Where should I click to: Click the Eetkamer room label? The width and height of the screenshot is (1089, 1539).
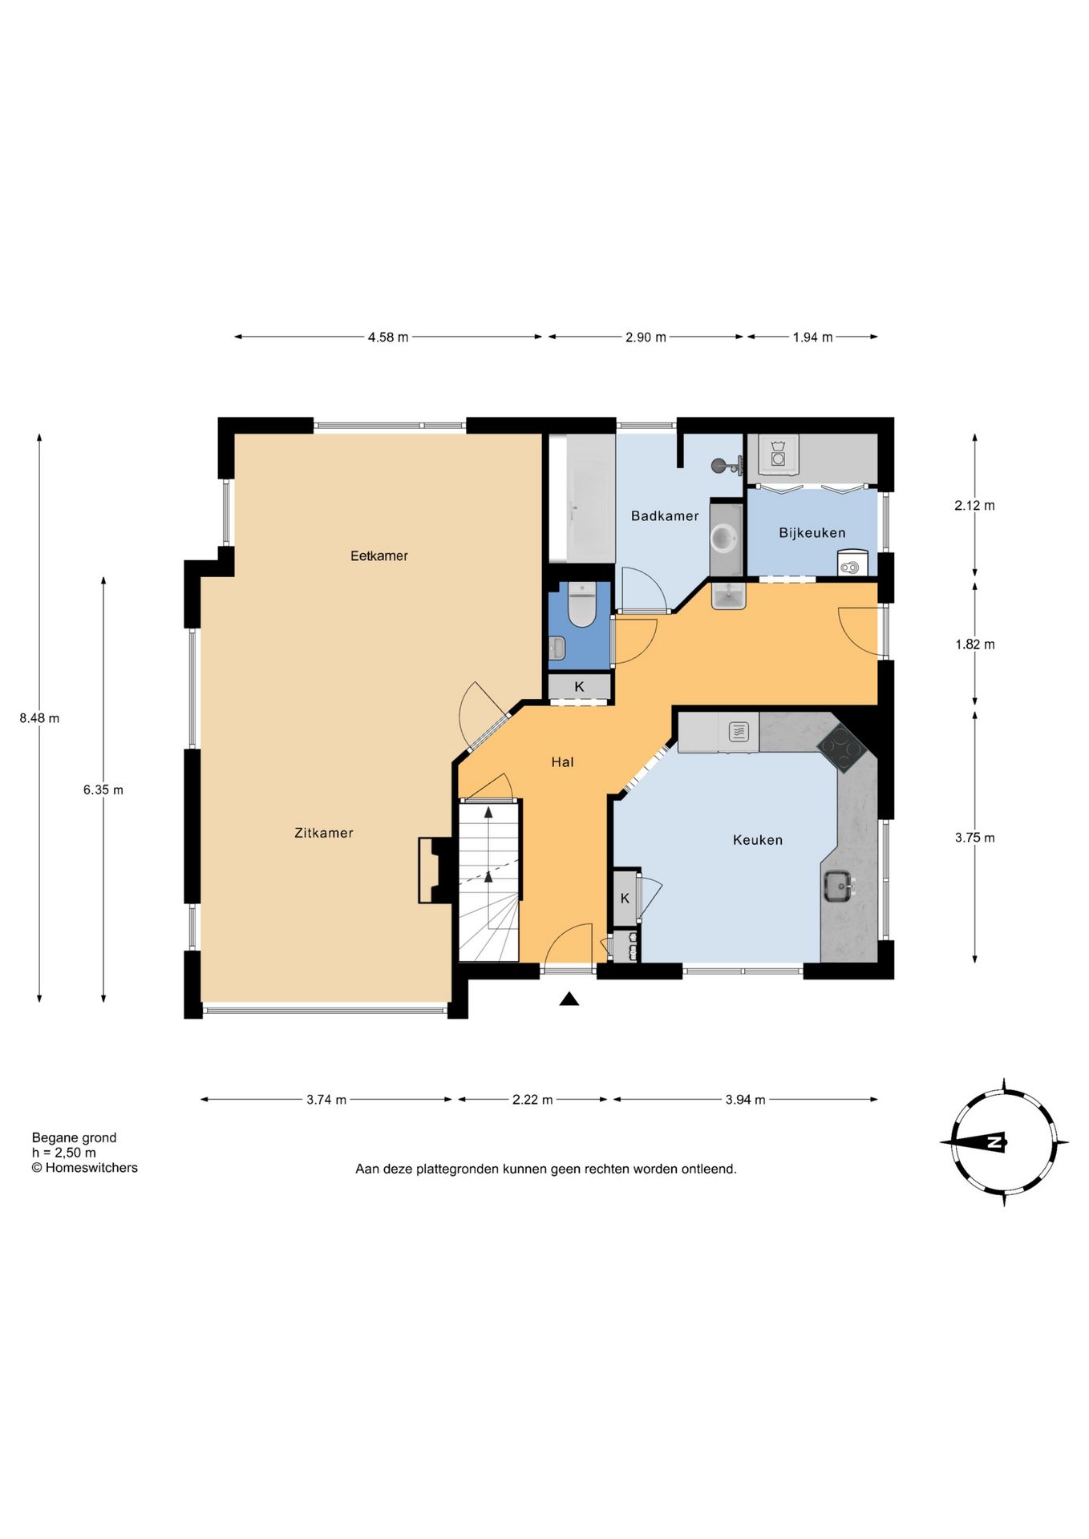pos(379,555)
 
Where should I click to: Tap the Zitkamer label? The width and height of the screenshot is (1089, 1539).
pos(324,833)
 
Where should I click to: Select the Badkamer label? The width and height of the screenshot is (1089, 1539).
pos(665,516)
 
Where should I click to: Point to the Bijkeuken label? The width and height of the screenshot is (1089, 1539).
pos(812,533)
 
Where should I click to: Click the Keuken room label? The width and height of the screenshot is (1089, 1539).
pos(758,840)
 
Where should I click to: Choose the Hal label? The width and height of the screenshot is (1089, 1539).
pos(562,762)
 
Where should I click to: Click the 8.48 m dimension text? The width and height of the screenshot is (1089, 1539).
pos(39,718)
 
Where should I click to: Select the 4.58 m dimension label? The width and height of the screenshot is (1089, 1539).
pos(388,337)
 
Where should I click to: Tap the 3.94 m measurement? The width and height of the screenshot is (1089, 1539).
pos(745,1100)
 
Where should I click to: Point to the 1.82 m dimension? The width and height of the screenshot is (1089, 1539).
pos(974,644)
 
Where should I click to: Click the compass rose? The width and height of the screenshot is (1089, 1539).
pos(1004,1142)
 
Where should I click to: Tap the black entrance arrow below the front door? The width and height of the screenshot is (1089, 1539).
pos(569,999)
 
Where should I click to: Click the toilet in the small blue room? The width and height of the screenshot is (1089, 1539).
pos(581,605)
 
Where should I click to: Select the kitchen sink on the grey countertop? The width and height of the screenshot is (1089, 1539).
pos(840,886)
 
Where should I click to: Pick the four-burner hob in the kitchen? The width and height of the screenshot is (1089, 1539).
pos(841,749)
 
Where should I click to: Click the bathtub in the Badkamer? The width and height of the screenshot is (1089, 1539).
pos(581,498)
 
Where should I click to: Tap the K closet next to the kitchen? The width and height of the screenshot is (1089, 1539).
pos(625,899)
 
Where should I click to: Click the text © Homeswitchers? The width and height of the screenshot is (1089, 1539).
pos(84,1168)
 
